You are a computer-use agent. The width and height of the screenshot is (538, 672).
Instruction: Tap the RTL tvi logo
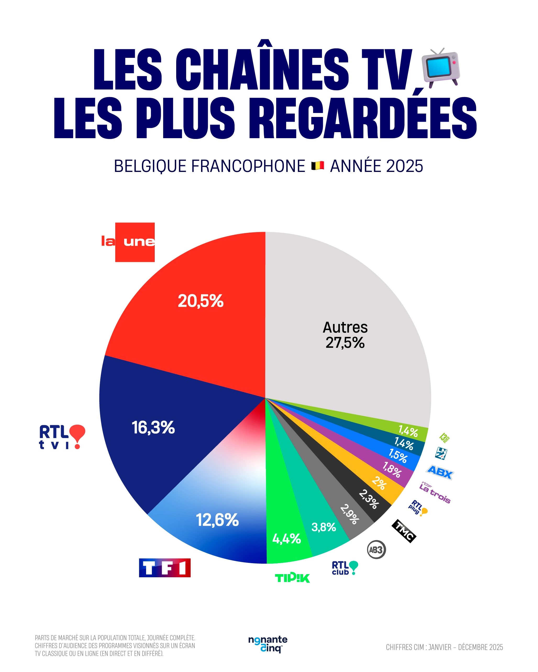62,437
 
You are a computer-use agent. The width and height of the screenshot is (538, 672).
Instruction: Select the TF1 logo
165,568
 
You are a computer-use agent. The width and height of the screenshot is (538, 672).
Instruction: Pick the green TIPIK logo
292,578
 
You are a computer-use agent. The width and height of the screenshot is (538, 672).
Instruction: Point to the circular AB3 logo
376,550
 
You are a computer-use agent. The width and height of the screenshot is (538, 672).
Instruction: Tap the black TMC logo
404,531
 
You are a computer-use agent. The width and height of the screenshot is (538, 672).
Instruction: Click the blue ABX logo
440,472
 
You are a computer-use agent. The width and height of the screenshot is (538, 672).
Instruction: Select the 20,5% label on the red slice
201,301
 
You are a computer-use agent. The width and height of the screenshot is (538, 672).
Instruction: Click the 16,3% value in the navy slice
153,427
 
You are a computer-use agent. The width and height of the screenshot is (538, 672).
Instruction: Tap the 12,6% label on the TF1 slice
217,520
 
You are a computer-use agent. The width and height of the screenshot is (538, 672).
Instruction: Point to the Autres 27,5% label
345,335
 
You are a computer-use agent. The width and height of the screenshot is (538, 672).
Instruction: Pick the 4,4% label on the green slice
286,539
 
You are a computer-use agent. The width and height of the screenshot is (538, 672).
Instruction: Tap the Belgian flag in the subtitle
318,165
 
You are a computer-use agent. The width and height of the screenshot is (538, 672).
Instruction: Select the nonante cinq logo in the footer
268,644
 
